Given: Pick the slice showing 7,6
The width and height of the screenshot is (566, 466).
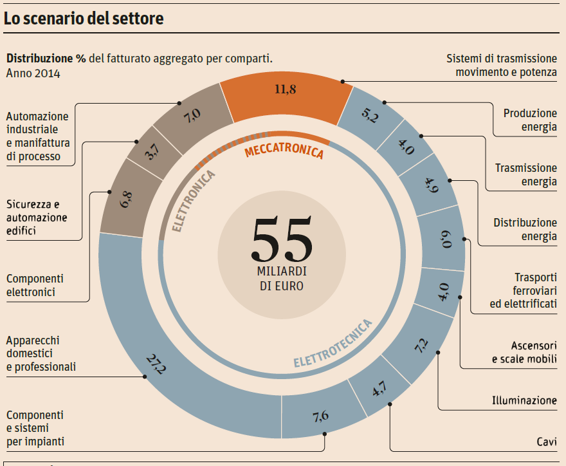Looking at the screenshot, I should pyautogui.click(x=320, y=416).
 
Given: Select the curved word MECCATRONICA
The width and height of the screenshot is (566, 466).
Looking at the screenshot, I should pyautogui.click(x=284, y=152).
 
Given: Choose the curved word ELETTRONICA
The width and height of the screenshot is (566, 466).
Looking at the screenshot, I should pyautogui.click(x=194, y=200).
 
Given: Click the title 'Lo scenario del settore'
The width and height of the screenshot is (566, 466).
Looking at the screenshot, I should pyautogui.click(x=84, y=19).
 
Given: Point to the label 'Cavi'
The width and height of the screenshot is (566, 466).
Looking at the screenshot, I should pyautogui.click(x=547, y=442).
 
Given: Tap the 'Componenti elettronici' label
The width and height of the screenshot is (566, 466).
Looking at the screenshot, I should pyautogui.click(x=35, y=285).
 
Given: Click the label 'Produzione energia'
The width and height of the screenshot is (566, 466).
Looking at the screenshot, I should pyautogui.click(x=530, y=120).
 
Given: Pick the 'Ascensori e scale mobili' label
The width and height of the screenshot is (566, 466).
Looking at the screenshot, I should pyautogui.click(x=524, y=352).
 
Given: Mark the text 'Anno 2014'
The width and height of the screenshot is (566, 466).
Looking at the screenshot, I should pyautogui.click(x=33, y=73).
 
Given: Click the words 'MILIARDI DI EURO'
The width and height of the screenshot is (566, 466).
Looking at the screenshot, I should pyautogui.click(x=282, y=277).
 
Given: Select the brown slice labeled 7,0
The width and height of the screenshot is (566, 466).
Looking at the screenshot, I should pyautogui.click(x=192, y=116).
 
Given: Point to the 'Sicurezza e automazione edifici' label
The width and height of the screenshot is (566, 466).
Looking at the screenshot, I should pyautogui.click(x=37, y=218).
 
